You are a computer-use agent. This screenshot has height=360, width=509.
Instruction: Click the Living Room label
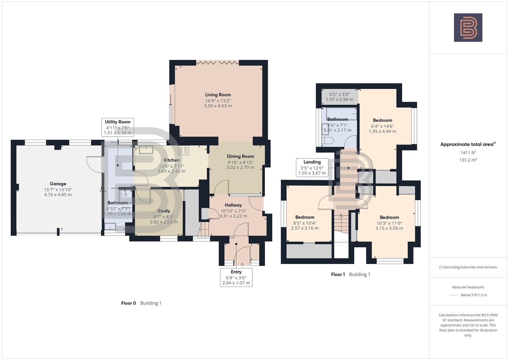click(218, 95)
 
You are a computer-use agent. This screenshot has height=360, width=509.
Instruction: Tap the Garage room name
click(58, 184)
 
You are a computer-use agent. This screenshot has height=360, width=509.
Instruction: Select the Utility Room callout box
click(118, 127)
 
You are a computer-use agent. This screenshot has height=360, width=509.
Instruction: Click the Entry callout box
click(236, 277)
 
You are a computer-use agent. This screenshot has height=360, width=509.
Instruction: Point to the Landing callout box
click(312, 167)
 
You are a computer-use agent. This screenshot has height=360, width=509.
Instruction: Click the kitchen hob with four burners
click(183, 150)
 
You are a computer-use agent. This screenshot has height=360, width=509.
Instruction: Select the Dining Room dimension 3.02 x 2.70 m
click(240, 167)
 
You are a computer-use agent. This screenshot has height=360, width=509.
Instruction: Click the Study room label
click(164, 211)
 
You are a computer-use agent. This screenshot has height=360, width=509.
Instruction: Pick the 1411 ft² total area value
click(468, 153)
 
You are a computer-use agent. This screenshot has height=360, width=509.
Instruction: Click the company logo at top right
click(468, 27)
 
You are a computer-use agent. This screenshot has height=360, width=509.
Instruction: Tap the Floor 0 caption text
click(128, 303)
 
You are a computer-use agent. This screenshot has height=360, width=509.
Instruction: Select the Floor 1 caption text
click(338, 274)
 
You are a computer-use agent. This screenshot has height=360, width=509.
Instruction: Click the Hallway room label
click(233, 205)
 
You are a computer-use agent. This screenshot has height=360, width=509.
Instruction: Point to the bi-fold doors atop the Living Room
click(217, 62)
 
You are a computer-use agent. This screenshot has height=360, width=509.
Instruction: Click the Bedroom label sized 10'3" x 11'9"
click(389, 217)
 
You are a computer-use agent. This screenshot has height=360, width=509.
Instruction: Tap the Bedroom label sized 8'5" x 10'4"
click(305, 217)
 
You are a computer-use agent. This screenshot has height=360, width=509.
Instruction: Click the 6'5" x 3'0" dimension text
click(339, 94)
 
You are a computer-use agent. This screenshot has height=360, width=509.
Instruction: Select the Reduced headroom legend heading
click(468, 287)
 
